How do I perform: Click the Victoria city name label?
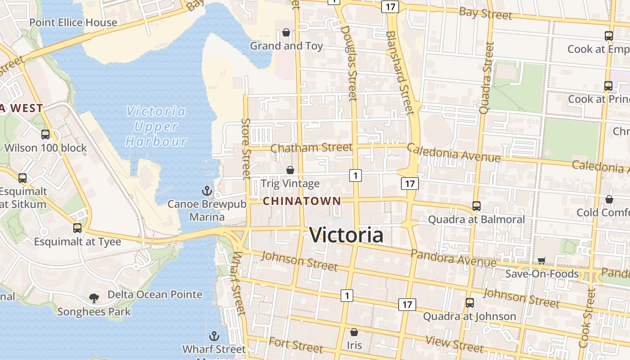346,235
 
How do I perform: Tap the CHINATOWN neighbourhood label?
301,201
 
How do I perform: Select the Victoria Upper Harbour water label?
156,126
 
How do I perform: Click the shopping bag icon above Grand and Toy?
286,32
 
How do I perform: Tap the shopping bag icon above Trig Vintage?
290,170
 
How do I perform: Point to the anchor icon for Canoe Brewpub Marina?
207,191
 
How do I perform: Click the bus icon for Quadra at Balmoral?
476,206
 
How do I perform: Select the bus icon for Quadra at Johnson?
470,303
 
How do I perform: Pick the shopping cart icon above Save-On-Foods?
542,261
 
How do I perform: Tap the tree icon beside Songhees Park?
94,297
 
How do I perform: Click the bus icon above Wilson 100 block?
45,134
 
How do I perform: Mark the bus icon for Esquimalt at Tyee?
77,228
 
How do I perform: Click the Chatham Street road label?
311,148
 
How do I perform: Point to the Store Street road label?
246,148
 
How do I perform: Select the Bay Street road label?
486,13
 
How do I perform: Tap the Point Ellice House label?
73,22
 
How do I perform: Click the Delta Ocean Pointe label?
155,295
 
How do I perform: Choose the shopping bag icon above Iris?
354,332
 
